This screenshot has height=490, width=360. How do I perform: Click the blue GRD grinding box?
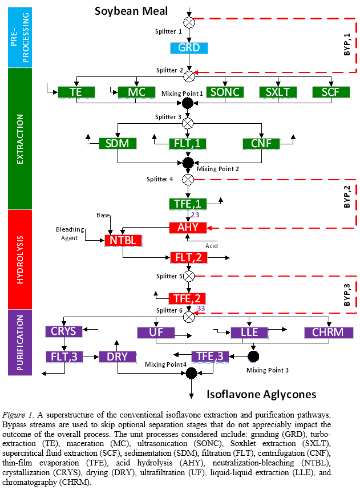click(189, 48)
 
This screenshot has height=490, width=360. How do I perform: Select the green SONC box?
click(224, 92)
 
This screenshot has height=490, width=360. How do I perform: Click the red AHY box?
click(188, 228)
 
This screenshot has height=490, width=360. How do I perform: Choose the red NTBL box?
click(123, 240)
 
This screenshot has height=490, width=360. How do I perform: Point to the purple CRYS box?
click(64, 331)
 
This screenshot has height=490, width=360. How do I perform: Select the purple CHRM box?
click(323, 332)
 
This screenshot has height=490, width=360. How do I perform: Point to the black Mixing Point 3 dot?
click(253, 357)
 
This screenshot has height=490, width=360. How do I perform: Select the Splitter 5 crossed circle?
click(188, 276)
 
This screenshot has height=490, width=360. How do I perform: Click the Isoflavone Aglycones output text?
click(261, 394)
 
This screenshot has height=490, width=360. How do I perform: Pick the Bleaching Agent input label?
click(71, 233)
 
